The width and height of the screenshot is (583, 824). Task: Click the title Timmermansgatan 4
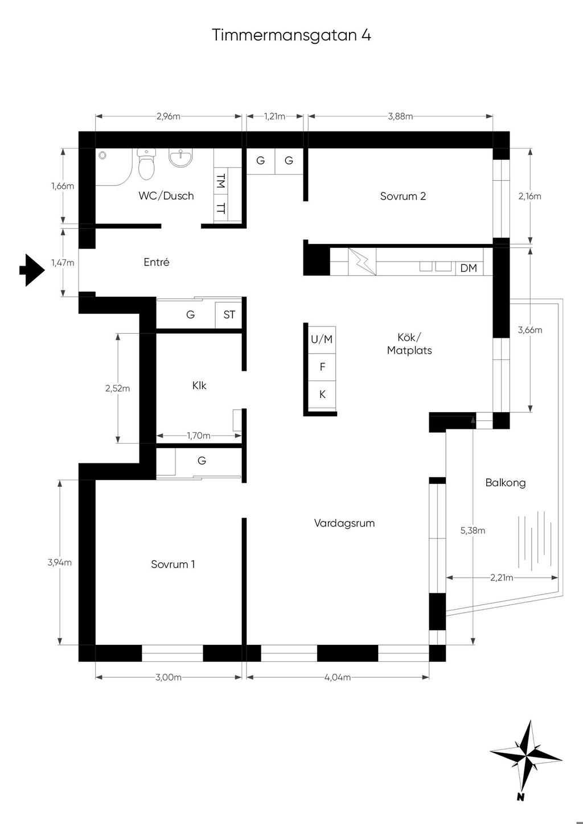tap(291, 35)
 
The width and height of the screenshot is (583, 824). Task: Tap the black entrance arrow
tap(32, 270)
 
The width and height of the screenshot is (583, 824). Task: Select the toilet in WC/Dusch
tap(146, 164)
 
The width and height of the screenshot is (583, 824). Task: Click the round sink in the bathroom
tap(180, 158)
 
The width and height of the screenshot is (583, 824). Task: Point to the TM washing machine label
tap(220, 181)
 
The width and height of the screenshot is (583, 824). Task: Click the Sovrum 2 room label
tap(403, 196)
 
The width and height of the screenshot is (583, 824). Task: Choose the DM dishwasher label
tap(469, 268)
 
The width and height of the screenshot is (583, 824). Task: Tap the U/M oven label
tap(322, 339)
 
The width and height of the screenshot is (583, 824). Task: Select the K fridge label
tap(322, 394)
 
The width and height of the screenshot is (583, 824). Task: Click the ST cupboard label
tap(229, 314)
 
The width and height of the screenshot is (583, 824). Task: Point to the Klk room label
tap(199, 386)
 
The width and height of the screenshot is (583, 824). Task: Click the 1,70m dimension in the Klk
tap(199, 436)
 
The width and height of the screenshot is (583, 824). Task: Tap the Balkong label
tap(506, 483)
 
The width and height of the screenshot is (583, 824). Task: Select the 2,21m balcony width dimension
tap(502, 578)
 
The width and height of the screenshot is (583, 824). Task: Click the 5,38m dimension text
tap(473, 531)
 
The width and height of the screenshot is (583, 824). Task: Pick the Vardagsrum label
tap(344, 523)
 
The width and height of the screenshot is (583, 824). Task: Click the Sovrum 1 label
tap(173, 564)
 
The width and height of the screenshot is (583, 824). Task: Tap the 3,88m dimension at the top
tap(400, 117)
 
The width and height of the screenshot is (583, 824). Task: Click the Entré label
tap(157, 262)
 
